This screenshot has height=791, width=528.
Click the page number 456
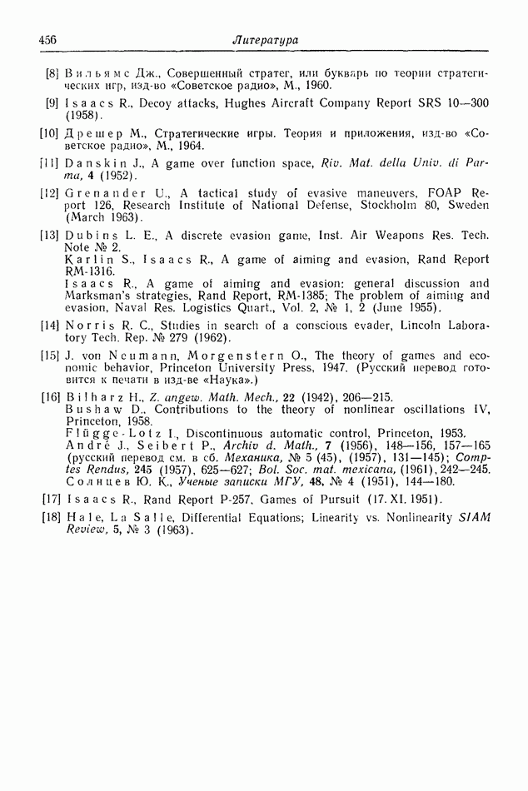coord(48,40)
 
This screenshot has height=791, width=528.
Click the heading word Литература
coord(266,40)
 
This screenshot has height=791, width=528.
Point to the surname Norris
coord(90,325)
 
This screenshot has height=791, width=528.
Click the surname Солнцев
coord(92,480)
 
